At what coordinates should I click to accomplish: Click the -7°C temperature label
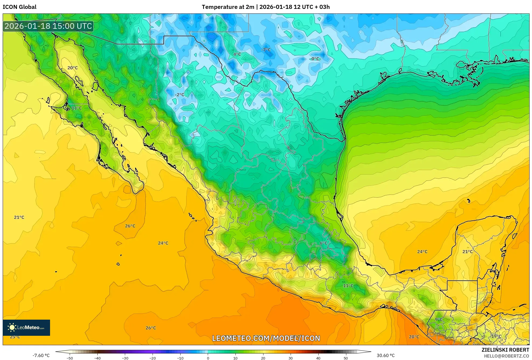(266, 50)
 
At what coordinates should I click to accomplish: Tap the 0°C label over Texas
(315, 59)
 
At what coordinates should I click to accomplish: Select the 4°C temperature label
(237, 54)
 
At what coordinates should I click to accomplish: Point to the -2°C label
(179, 95)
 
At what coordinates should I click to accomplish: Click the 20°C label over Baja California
(72, 68)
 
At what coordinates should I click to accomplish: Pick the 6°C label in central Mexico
(323, 243)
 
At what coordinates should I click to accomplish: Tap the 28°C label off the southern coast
(414, 337)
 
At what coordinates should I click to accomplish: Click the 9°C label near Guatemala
(439, 320)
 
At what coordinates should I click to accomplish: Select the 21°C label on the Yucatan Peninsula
(467, 252)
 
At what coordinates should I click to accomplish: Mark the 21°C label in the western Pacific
(19, 217)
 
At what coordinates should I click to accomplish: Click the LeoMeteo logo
(26, 327)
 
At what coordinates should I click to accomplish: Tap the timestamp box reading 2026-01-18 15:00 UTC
(48, 26)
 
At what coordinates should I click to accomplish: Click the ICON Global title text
(20, 7)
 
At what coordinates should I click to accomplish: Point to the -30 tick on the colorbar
(125, 358)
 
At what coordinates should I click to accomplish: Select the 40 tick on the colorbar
(318, 358)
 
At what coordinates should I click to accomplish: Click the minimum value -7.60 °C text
(41, 355)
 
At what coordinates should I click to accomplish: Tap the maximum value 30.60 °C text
(386, 355)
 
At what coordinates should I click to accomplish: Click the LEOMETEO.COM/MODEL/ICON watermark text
(266, 338)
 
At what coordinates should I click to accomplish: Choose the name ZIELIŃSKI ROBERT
(505, 350)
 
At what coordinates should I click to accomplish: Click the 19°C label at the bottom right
(496, 336)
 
